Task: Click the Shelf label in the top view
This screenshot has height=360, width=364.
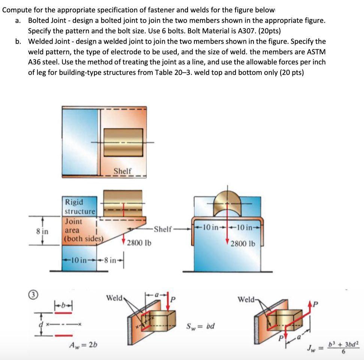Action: (x=122, y=171)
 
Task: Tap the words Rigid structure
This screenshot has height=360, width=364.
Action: (x=80, y=207)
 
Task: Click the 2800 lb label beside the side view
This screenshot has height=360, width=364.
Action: (x=139, y=243)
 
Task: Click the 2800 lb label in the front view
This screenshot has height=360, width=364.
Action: (x=243, y=244)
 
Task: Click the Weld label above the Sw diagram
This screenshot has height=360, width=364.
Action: (x=115, y=298)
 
